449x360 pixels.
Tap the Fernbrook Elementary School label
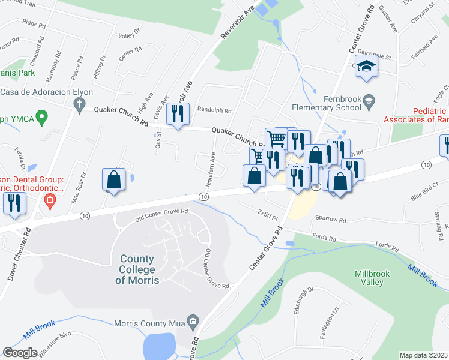325,103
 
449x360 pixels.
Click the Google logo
20,353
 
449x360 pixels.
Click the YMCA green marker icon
41,116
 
